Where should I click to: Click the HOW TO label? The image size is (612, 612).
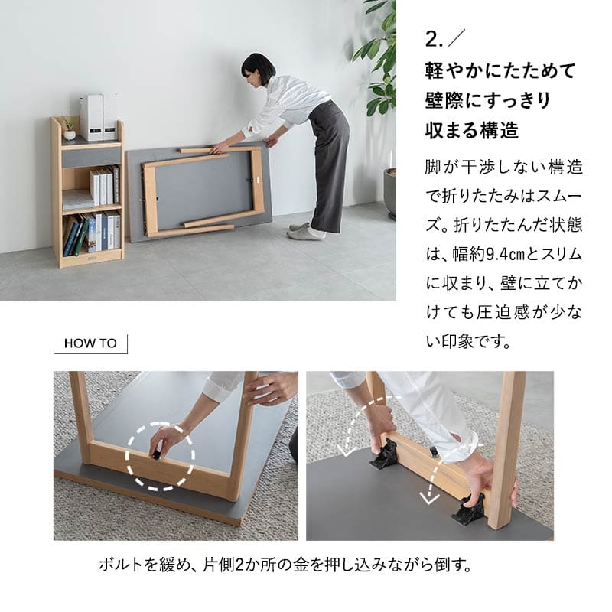(90, 343)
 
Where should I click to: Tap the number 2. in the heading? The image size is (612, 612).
(434, 39)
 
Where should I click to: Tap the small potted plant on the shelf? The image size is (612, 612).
(70, 129)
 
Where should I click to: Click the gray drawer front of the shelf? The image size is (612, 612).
(91, 157)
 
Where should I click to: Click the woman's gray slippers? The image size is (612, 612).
(304, 231)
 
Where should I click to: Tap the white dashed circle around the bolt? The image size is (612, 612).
(160, 456)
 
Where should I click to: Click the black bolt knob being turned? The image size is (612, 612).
(156, 454)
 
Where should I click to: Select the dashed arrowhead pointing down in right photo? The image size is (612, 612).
(428, 498)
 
